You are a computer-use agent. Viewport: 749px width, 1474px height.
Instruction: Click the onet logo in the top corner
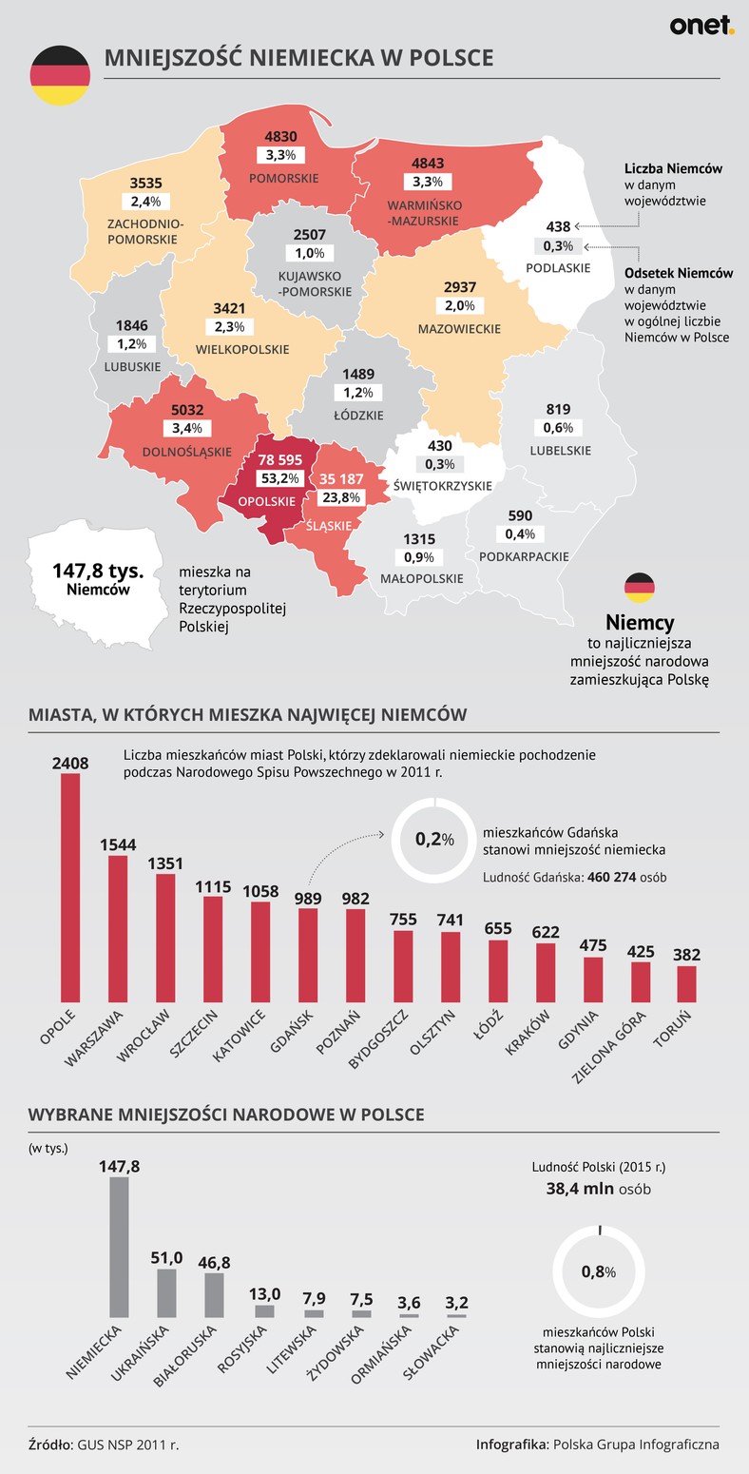[x=701, y=26]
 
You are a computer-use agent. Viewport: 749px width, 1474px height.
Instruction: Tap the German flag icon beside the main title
[x=60, y=76]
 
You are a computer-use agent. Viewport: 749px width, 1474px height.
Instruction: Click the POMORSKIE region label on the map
[x=283, y=178]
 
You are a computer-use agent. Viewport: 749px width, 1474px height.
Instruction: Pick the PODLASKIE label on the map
[x=558, y=268]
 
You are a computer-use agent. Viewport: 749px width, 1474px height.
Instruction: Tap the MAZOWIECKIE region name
[x=459, y=328]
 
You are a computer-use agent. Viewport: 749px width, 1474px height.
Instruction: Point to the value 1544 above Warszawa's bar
[x=119, y=844]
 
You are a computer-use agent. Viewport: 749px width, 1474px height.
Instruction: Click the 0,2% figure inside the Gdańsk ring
[x=433, y=839]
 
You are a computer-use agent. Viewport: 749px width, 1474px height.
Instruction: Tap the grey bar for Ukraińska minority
[x=166, y=1291]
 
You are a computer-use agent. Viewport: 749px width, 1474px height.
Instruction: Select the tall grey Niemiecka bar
[x=119, y=1246]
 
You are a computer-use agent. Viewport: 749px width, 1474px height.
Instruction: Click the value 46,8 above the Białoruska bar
[x=214, y=1262]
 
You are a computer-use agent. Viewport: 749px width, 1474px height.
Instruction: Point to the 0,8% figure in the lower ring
[x=599, y=1271]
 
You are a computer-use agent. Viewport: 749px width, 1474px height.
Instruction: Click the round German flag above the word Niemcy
[x=640, y=589]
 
